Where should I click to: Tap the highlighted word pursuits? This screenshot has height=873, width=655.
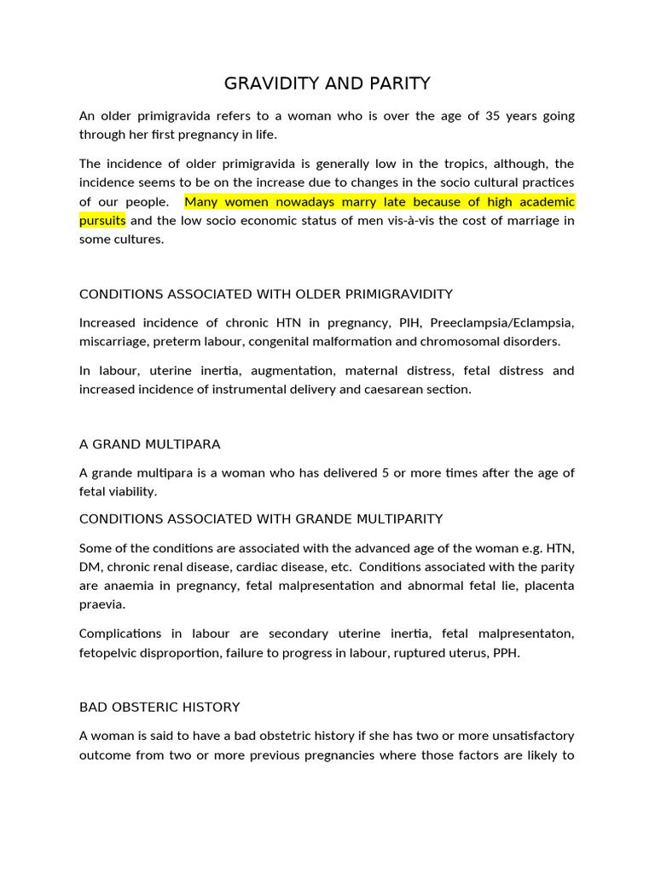102,220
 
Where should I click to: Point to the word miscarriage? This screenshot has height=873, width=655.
113,341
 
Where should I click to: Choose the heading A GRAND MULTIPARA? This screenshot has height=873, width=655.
150,444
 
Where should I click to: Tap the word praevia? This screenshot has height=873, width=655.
102,604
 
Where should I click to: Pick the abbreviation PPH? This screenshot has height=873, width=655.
505,652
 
